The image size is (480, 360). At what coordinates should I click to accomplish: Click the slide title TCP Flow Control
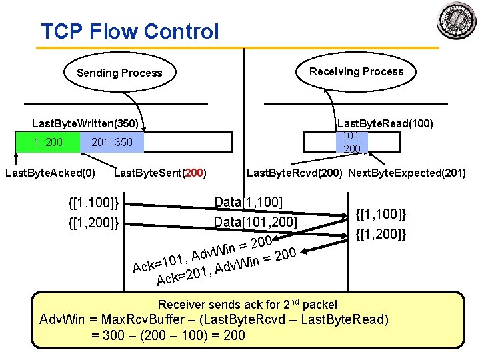point(129,31)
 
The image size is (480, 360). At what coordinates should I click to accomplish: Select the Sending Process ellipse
point(119,73)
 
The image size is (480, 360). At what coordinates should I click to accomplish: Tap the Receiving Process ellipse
point(356,71)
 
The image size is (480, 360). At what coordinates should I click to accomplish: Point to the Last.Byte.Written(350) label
point(85,123)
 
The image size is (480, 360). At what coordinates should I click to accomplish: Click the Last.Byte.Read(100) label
point(385,123)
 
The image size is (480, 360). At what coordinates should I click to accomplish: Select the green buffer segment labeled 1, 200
point(47,142)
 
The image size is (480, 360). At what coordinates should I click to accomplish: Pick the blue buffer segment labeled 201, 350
point(111,142)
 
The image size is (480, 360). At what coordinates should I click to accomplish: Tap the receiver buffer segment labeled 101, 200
point(352,142)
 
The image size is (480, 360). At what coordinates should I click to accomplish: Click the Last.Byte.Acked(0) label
point(50,174)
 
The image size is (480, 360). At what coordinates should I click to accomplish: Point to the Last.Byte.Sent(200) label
point(161,174)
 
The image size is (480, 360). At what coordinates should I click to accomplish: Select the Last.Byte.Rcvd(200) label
point(295,174)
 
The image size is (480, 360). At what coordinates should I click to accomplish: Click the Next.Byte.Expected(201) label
point(407,174)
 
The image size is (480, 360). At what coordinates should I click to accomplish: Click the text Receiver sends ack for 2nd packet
point(248,304)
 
